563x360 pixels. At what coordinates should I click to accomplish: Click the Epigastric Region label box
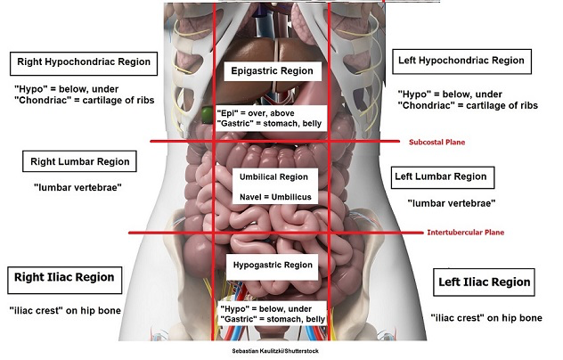272,70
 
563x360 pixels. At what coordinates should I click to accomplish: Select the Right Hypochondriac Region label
84,63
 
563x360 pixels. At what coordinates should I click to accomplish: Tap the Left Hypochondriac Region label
461,61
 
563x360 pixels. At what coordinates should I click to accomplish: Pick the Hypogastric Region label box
273,265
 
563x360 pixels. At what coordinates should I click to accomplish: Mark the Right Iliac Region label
64,277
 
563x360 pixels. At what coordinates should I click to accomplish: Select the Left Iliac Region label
485,282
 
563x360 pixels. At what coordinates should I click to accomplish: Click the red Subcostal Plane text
437,142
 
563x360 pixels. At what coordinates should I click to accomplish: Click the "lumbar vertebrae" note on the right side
451,204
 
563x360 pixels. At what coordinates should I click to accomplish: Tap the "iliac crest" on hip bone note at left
65,310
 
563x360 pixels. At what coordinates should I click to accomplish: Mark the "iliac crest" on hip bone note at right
485,317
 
